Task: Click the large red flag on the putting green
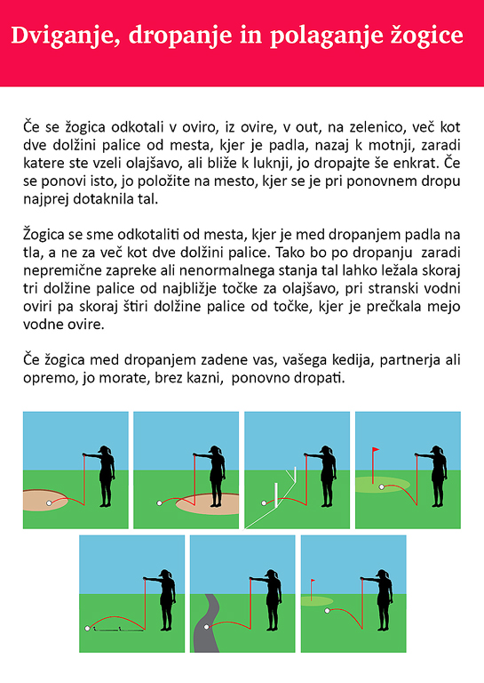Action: [x=376, y=449]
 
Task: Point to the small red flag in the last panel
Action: [x=313, y=581]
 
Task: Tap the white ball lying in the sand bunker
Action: [x=49, y=503]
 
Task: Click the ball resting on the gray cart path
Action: [x=207, y=627]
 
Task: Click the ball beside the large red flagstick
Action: [x=381, y=487]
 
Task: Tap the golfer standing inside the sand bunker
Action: [x=217, y=476]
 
